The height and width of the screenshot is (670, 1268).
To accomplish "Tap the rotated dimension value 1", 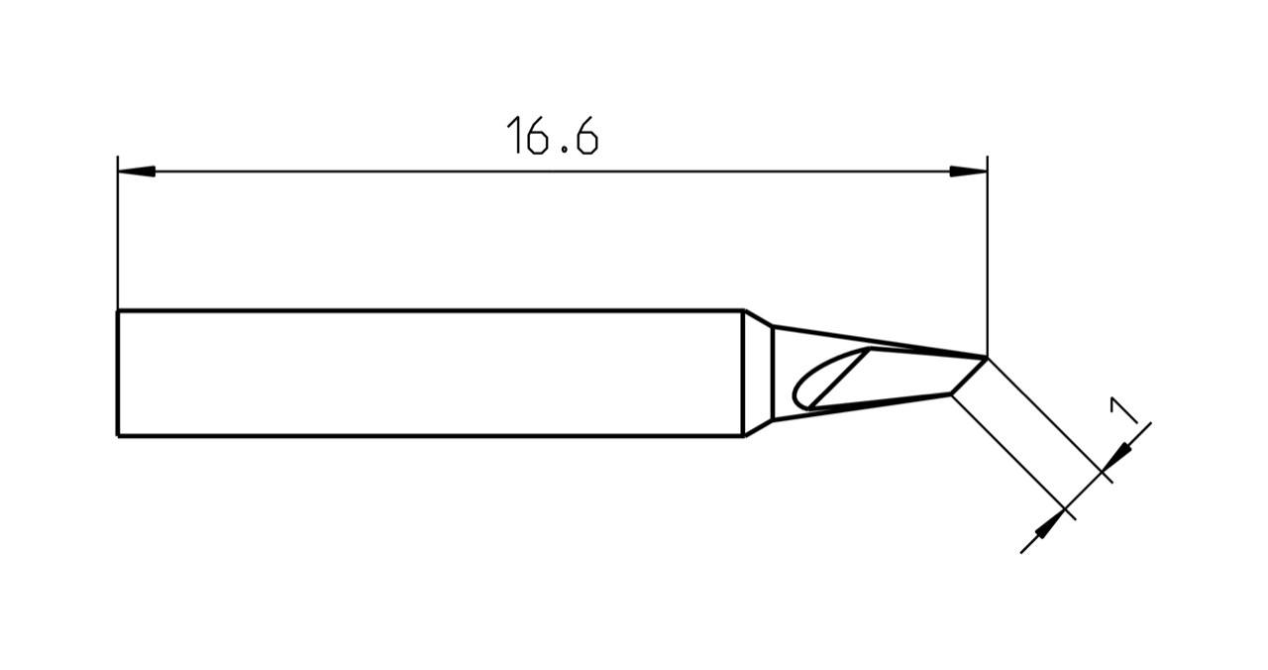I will [1122, 409].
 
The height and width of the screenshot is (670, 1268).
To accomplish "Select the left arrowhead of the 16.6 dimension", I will [137, 171].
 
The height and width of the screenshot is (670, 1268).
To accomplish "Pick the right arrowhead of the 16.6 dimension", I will [968, 171].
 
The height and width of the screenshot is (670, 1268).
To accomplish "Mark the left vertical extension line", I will [118, 238].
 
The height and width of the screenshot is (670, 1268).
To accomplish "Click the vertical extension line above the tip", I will [987, 258].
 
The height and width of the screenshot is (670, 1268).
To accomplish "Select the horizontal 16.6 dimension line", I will [552, 171].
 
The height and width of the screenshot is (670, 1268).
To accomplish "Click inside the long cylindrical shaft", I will [426, 373].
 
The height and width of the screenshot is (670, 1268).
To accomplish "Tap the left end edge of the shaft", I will [118, 373].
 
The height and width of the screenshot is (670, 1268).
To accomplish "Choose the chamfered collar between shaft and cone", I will [758, 373].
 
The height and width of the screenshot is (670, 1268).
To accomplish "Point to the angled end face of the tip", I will [969, 376].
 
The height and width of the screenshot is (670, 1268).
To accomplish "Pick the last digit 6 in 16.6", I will [585, 137].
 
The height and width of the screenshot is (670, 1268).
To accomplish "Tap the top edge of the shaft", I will [426, 311].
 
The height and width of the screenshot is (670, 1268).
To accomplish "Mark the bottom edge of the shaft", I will [426, 435].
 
